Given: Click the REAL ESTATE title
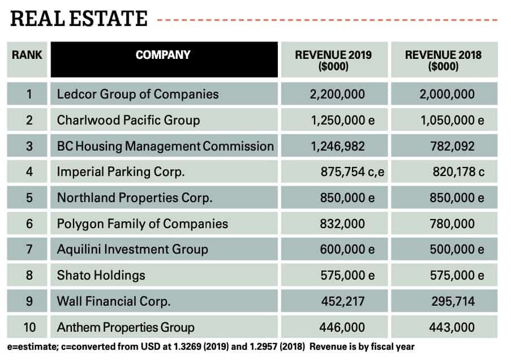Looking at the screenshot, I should point(79,19).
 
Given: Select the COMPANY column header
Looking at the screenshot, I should point(163,55).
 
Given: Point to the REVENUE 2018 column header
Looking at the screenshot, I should point(443,60).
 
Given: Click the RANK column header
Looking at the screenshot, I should point(27,55).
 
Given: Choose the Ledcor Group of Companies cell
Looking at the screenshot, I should point(138,94).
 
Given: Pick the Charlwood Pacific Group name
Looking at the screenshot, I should point(128,120).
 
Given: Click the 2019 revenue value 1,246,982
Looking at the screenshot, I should point(337,146).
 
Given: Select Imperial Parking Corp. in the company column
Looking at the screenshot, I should point(121,172).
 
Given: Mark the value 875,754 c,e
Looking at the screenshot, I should point(351,172).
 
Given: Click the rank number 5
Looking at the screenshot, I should point(29,198).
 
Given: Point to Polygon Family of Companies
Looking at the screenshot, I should point(142,224).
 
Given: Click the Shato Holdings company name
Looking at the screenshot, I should point(101,276).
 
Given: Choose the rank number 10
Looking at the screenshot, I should point(29,327).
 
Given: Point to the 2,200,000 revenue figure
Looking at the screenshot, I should point(337,94).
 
